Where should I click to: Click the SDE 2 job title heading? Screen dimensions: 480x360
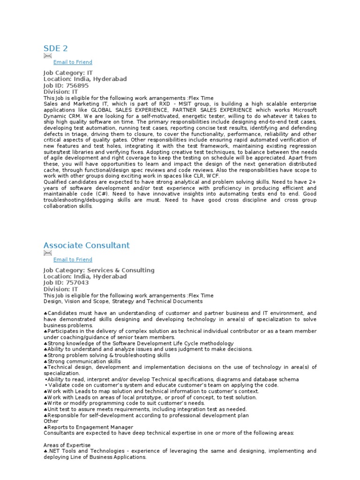(56, 48)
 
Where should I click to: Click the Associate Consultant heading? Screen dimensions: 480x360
(86, 246)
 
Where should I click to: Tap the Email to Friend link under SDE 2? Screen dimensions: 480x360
(73, 62)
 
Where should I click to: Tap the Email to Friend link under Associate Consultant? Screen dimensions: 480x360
(73, 260)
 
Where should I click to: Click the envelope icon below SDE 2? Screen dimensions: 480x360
(47, 56)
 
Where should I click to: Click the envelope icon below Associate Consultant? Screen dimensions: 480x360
(47, 253)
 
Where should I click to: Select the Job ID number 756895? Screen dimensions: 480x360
(77, 86)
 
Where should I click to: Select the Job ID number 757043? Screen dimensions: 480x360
(77, 283)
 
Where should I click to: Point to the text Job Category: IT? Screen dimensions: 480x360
(68, 73)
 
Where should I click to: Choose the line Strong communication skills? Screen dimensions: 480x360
(83, 362)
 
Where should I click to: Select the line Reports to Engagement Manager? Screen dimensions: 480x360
(90, 427)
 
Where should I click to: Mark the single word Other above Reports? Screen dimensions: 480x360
(51, 421)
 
